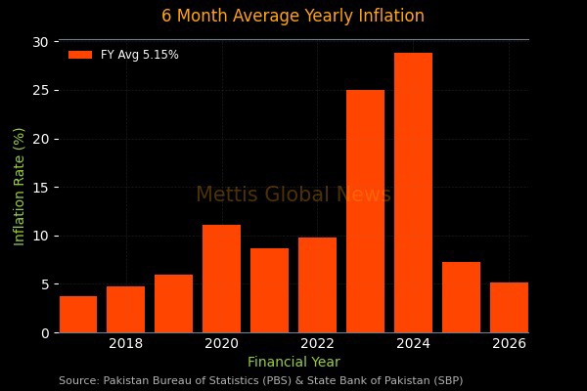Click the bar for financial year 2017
[78, 315]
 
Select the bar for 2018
[126, 310]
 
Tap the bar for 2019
[174, 304]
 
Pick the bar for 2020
[222, 280]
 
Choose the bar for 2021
[270, 290]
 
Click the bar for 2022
[318, 285]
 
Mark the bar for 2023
[365, 211]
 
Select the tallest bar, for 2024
[413, 193]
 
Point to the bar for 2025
[461, 297]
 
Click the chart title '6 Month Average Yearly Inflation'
[293, 16]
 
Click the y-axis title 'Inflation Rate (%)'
[20, 187]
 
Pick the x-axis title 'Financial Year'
[293, 363]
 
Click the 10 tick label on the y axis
[39, 236]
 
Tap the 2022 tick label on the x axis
[318, 343]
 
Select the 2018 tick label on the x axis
[126, 343]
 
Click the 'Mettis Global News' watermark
[293, 195]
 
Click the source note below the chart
[260, 380]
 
